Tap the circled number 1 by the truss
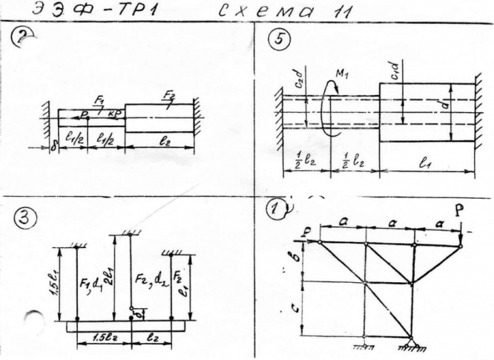[x=277, y=211]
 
